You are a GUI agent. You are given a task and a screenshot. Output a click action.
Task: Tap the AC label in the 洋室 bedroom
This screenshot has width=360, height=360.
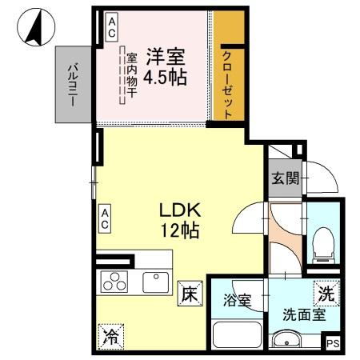(111, 28)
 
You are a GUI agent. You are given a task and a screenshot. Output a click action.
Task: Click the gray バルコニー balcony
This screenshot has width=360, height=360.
(74, 84)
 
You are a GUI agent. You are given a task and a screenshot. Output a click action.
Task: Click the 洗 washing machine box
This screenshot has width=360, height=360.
(326, 294)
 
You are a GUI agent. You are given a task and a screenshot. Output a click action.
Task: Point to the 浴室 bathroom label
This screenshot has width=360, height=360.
(238, 302)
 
